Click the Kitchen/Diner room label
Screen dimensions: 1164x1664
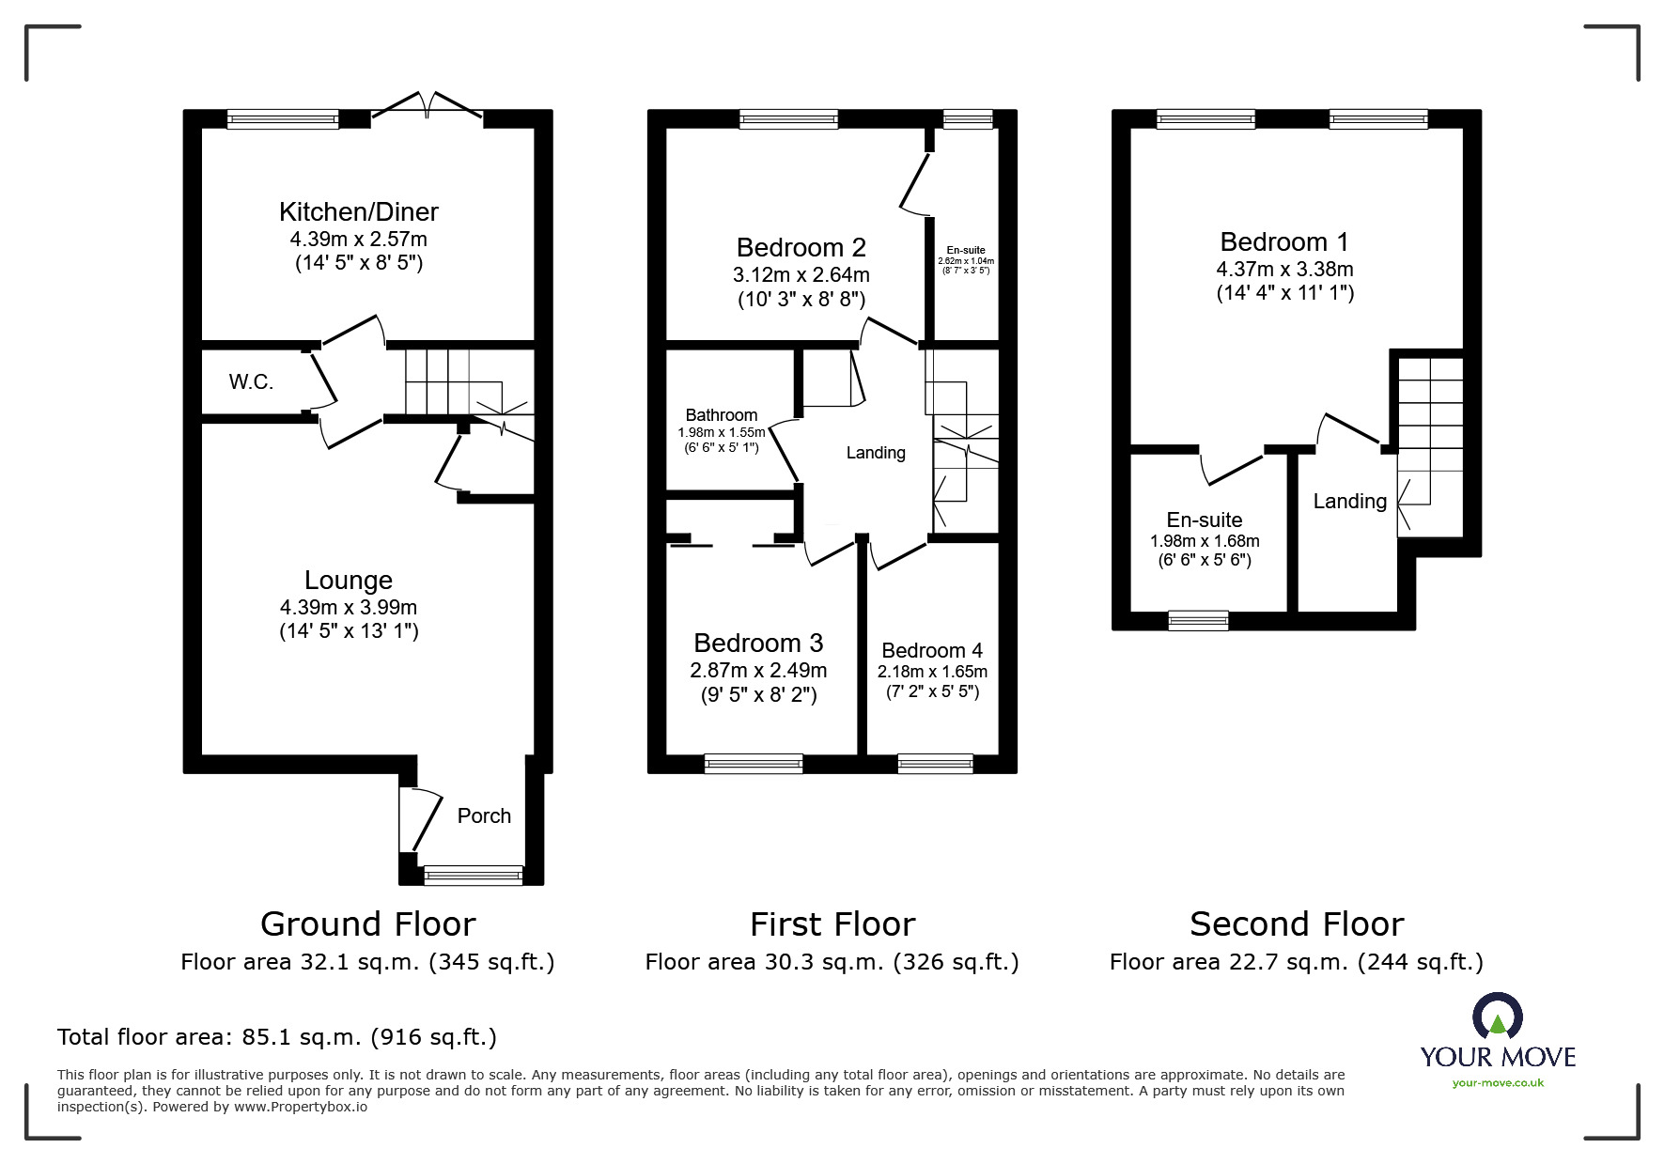pyautogui.click(x=358, y=212)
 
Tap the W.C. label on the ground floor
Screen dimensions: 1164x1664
pyautogui.click(x=251, y=382)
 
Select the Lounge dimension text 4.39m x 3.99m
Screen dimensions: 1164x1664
pyautogui.click(x=348, y=608)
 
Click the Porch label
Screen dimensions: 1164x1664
pyautogui.click(x=484, y=816)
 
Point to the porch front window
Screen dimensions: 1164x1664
pyautogui.click(x=473, y=875)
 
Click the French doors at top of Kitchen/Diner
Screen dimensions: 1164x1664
pyautogui.click(x=428, y=107)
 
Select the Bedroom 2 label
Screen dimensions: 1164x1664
pyautogui.click(x=801, y=248)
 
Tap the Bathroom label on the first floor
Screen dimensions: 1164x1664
pyautogui.click(x=721, y=415)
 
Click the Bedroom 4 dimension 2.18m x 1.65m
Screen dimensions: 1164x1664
pyautogui.click(x=932, y=672)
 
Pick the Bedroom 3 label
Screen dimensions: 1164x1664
pyautogui.click(x=757, y=644)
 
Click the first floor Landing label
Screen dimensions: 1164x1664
pyautogui.click(x=876, y=453)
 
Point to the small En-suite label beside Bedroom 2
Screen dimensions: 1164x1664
pyautogui.click(x=966, y=251)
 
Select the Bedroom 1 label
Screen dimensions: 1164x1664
pyautogui.click(x=1283, y=242)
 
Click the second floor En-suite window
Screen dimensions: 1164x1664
pyautogui.click(x=1198, y=620)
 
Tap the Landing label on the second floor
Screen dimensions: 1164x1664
pyautogui.click(x=1349, y=502)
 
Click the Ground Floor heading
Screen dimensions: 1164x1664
pyautogui.click(x=367, y=924)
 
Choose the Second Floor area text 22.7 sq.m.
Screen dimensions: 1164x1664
pyautogui.click(x=1296, y=962)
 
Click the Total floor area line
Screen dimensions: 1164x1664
pyautogui.click(x=277, y=1037)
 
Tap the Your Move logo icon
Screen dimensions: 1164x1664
pyautogui.click(x=1497, y=1017)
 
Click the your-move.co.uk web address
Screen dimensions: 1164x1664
pyautogui.click(x=1498, y=1083)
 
